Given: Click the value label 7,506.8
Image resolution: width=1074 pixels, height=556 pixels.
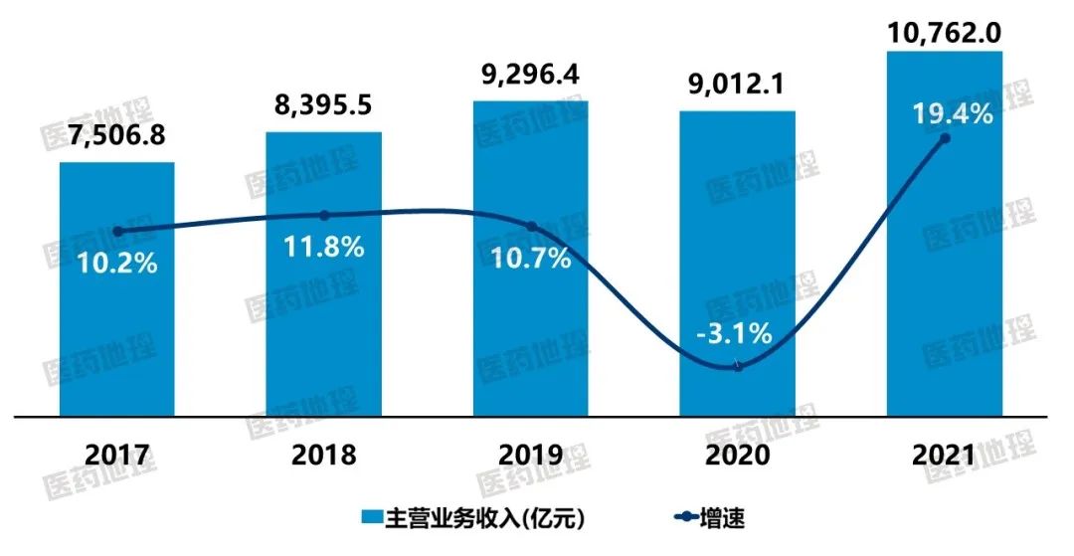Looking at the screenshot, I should tap(117, 141).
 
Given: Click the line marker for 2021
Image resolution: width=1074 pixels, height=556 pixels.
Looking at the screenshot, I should tap(945, 138).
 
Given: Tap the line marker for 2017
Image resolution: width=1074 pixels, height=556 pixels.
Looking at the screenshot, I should tap(117, 231).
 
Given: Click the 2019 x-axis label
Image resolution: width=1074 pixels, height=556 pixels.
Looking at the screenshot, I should tap(531, 456).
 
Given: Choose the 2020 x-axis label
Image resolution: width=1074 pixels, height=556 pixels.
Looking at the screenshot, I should tap(738, 456).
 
